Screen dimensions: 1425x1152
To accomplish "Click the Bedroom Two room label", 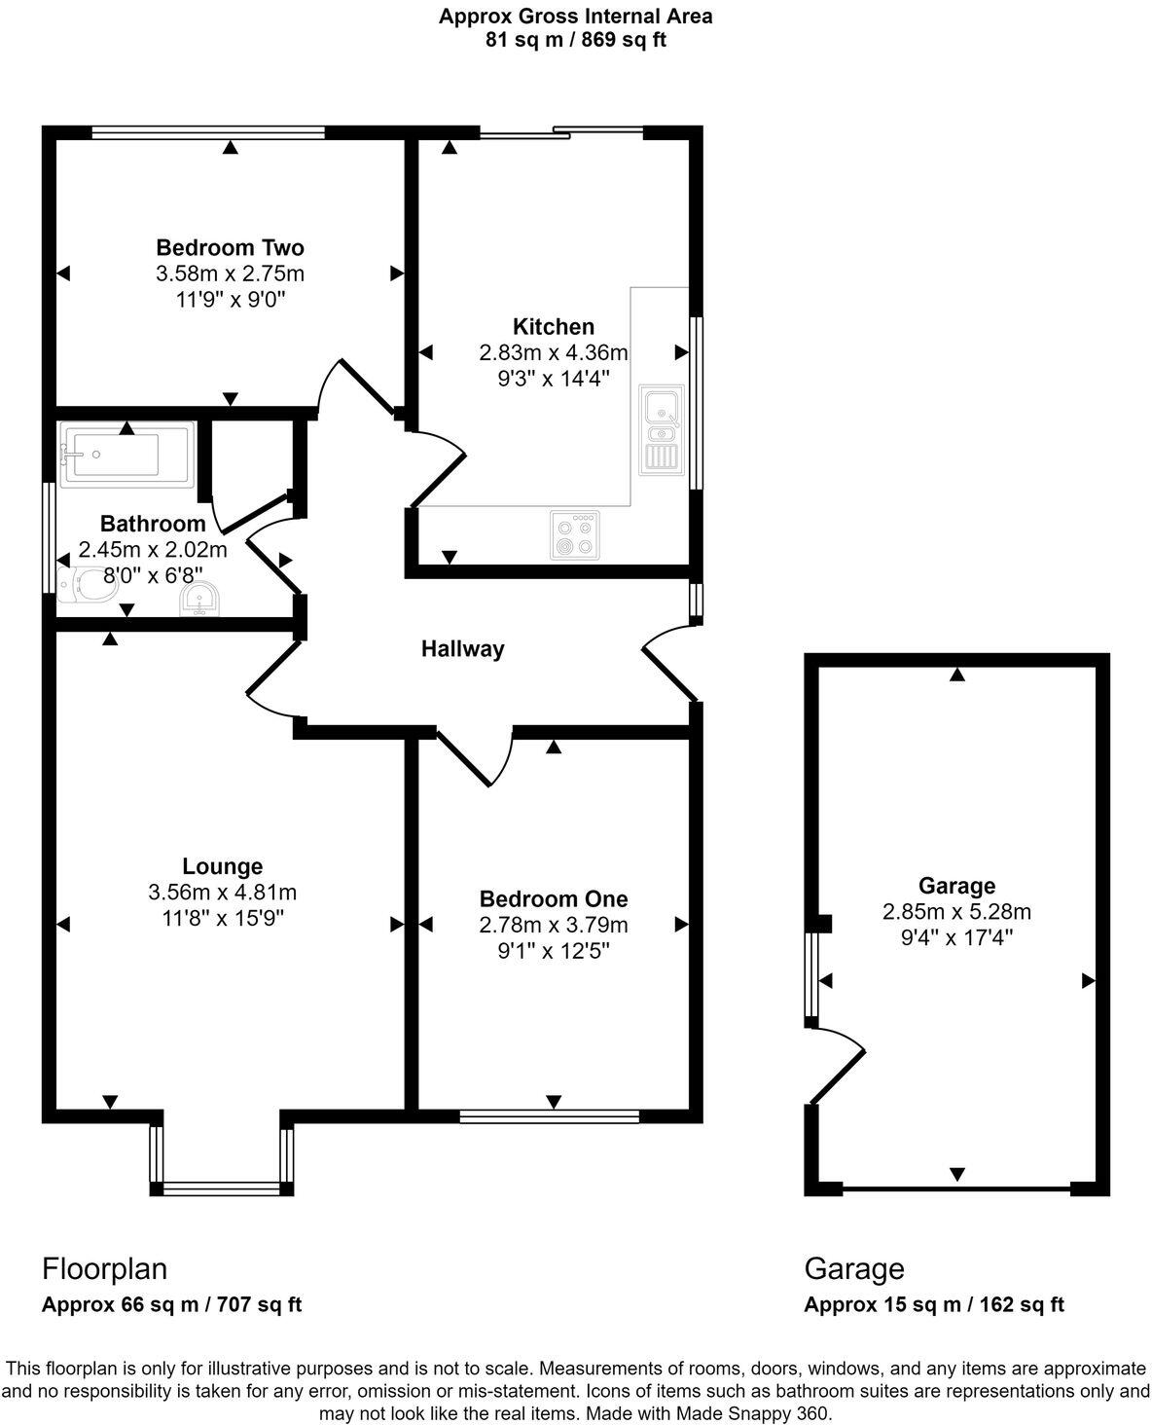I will click(230, 247).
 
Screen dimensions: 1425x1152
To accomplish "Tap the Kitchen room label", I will click(553, 327).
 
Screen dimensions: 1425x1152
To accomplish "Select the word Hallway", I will click(462, 649).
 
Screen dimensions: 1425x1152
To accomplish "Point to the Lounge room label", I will click(223, 866).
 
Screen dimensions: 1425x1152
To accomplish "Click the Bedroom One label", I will click(553, 899).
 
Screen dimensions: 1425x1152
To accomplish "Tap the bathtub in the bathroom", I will click(126, 454).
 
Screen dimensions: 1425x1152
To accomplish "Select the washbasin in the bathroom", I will click(199, 602).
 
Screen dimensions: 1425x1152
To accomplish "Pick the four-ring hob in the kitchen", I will click(574, 534).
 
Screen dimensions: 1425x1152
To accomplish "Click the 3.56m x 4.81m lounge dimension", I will click(223, 892).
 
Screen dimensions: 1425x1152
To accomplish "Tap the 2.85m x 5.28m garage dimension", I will click(956, 912).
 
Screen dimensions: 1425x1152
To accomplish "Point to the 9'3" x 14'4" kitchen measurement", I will click(553, 379).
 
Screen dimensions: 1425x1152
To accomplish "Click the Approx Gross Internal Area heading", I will click(575, 16).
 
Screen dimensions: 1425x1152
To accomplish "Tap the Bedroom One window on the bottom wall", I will click(550, 1115).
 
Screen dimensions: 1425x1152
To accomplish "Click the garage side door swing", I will click(837, 1064).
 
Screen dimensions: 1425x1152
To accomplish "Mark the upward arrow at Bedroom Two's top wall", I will click(230, 148).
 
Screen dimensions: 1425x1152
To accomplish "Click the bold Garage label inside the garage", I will click(956, 886).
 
